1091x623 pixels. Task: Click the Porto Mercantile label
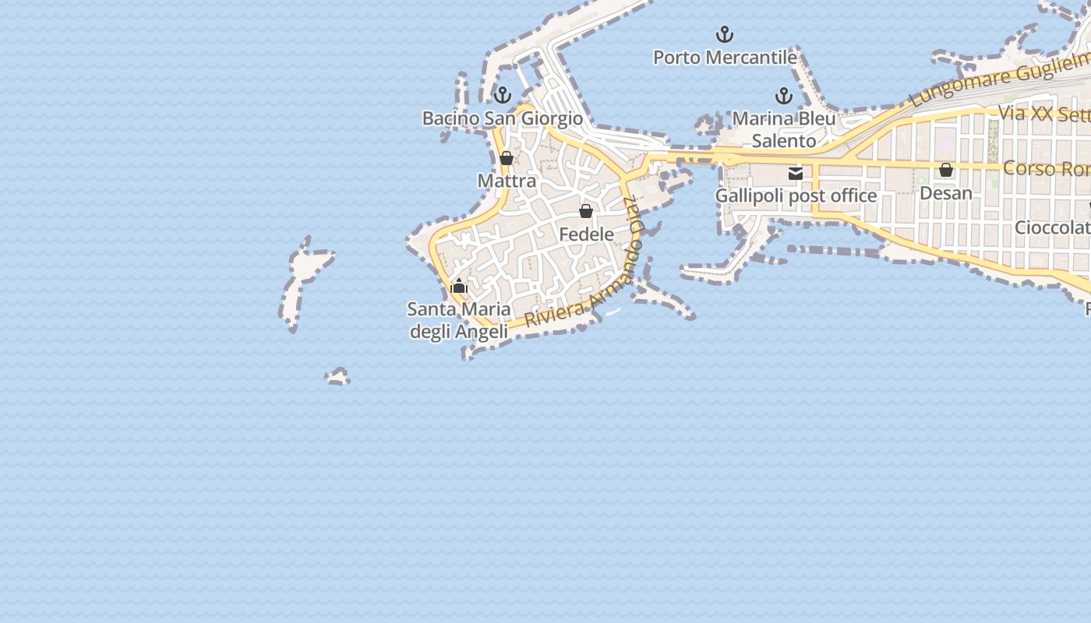(725, 58)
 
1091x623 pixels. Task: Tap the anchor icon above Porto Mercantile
(725, 34)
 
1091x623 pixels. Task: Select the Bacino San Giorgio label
(503, 118)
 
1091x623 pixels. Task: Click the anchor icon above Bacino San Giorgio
(503, 95)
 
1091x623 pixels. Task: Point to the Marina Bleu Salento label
(784, 129)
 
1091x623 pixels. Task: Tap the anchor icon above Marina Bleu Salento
(784, 96)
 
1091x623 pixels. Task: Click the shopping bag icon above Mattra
(507, 158)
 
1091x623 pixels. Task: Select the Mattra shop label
(507, 181)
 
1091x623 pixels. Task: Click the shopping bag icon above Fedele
(586, 211)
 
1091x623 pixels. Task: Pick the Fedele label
(586, 234)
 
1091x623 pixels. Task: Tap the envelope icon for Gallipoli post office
(796, 173)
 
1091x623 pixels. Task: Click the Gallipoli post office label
(796, 195)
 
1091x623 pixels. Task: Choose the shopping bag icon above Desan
(946, 170)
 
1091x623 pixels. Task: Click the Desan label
(946, 192)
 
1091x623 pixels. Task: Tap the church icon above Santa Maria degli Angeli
(459, 287)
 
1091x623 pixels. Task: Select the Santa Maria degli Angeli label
(459, 320)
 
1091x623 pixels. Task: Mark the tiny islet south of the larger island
(337, 377)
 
